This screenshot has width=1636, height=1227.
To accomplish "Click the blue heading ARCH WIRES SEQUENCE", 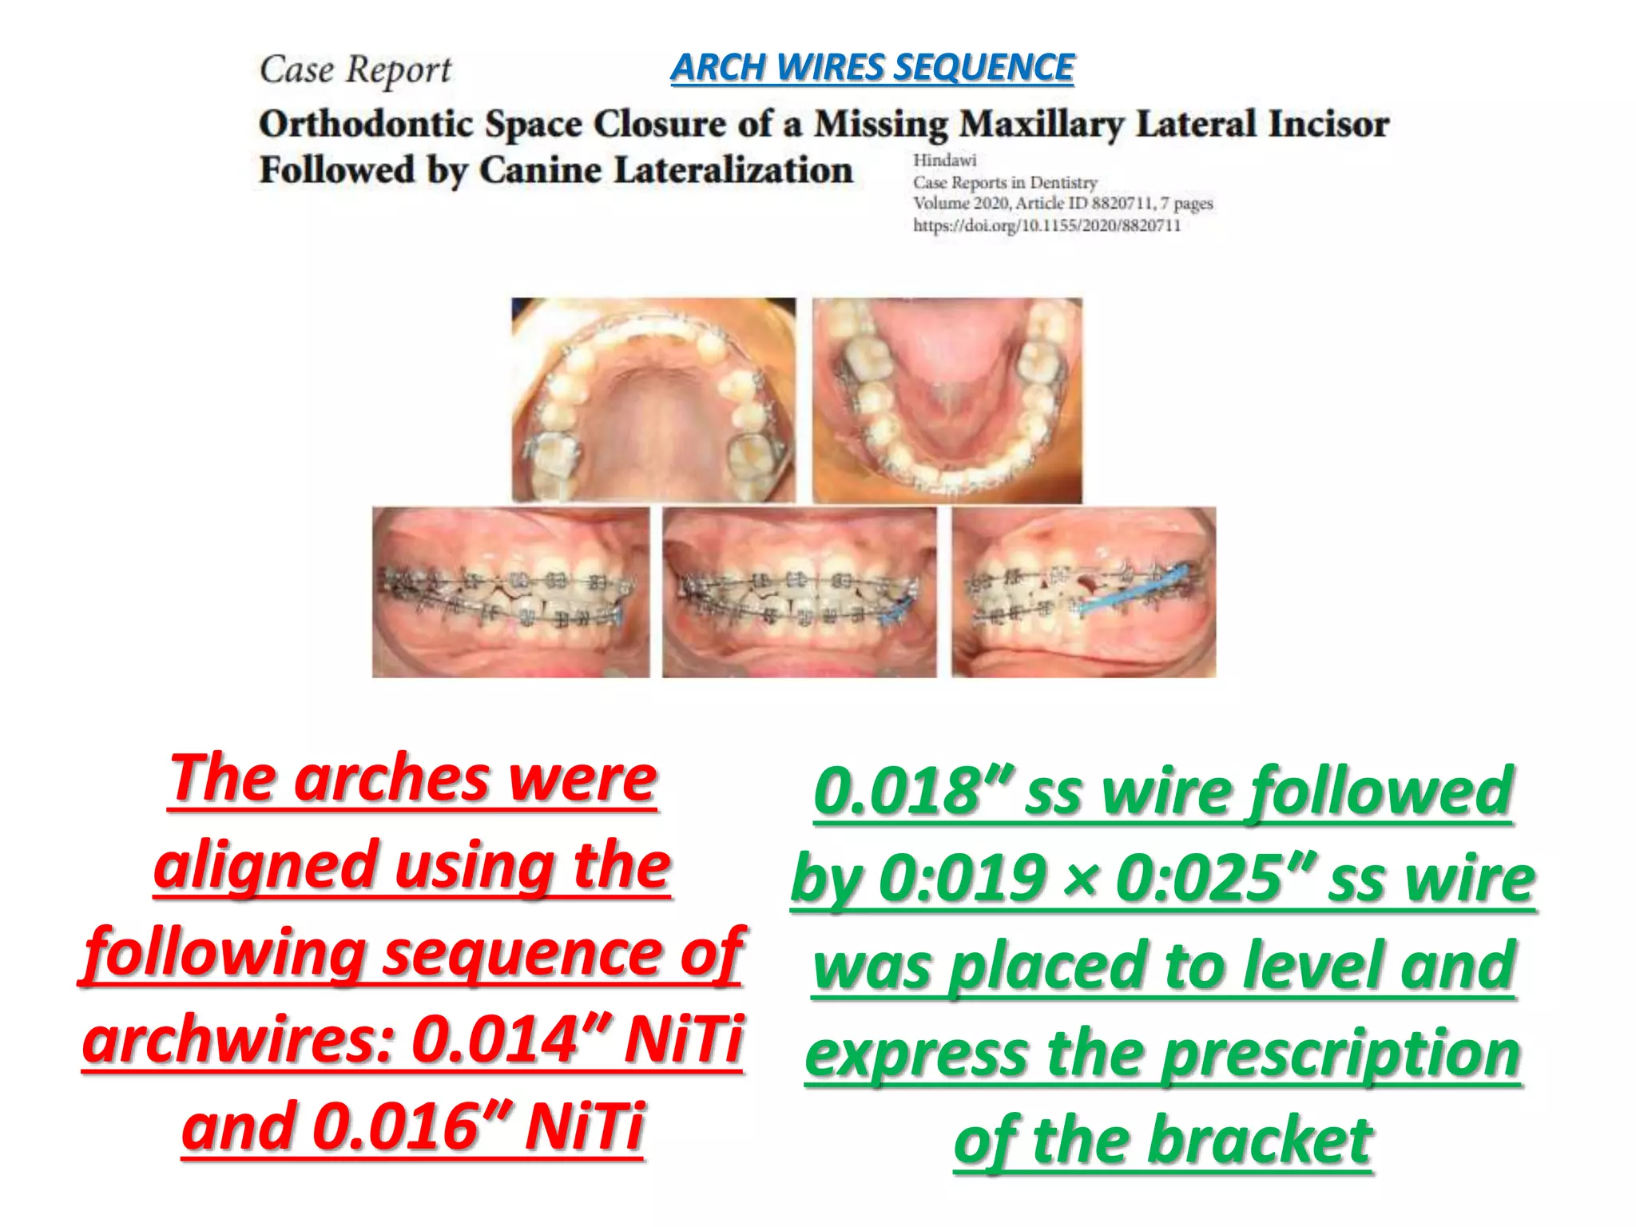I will tap(872, 67).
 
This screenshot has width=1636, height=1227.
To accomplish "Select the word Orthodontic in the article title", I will tap(365, 125).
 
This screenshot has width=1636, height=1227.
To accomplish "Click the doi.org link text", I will tap(1046, 226).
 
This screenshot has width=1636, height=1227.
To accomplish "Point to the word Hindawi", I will tap(944, 161).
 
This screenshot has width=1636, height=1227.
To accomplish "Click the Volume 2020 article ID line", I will tap(1062, 204).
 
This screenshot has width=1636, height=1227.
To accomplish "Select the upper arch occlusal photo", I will tap(653, 399).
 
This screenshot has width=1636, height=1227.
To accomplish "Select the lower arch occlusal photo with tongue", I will tap(947, 399).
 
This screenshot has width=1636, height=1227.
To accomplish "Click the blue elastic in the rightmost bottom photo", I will tap(1134, 591).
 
